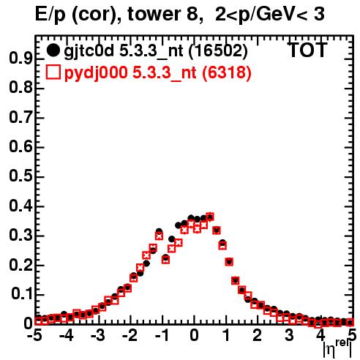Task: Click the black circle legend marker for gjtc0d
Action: pyautogui.click(x=53, y=50)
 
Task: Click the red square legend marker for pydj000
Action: pyautogui.click(x=53, y=72)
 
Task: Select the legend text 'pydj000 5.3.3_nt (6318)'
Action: pyautogui.click(x=158, y=73)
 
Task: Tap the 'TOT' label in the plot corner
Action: pyautogui.click(x=307, y=50)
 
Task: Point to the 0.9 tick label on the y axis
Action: pyautogui.click(x=20, y=59)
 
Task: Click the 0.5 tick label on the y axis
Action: pyautogui.click(x=20, y=176)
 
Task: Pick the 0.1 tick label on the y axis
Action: pyautogui.click(x=21, y=294)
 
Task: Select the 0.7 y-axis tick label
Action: pyautogui.click(x=20, y=117)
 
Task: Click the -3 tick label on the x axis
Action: pyautogui.click(x=98, y=335)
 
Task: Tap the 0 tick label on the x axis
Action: pyautogui.click(x=194, y=335)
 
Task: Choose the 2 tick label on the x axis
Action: pyautogui.click(x=257, y=335)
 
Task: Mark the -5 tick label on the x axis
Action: pyautogui.click(x=34, y=335)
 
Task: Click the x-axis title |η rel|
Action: pyautogui.click(x=337, y=348)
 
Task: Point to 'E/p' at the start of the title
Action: pyautogui.click(x=50, y=15)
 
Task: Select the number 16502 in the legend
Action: pyautogui.click(x=218, y=50)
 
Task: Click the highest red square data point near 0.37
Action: pyautogui.click(x=210, y=217)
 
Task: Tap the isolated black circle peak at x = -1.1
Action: pyautogui.click(x=159, y=231)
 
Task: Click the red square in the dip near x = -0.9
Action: pyautogui.click(x=166, y=260)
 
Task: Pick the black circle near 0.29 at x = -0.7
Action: pyautogui.click(x=172, y=239)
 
